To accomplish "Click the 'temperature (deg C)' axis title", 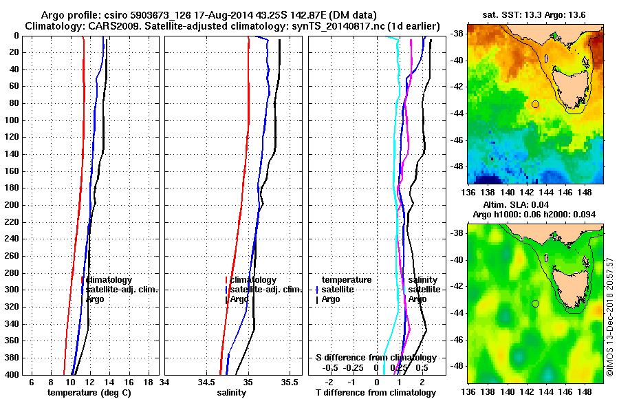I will [89, 392].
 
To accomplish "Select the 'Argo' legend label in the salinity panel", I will [239, 299].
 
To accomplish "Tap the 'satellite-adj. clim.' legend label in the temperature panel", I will [122, 290].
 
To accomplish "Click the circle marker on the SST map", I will [535, 104].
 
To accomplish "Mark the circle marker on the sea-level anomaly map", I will [535, 303].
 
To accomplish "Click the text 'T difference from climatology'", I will [375, 392].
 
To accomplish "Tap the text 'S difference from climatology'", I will [376, 358].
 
